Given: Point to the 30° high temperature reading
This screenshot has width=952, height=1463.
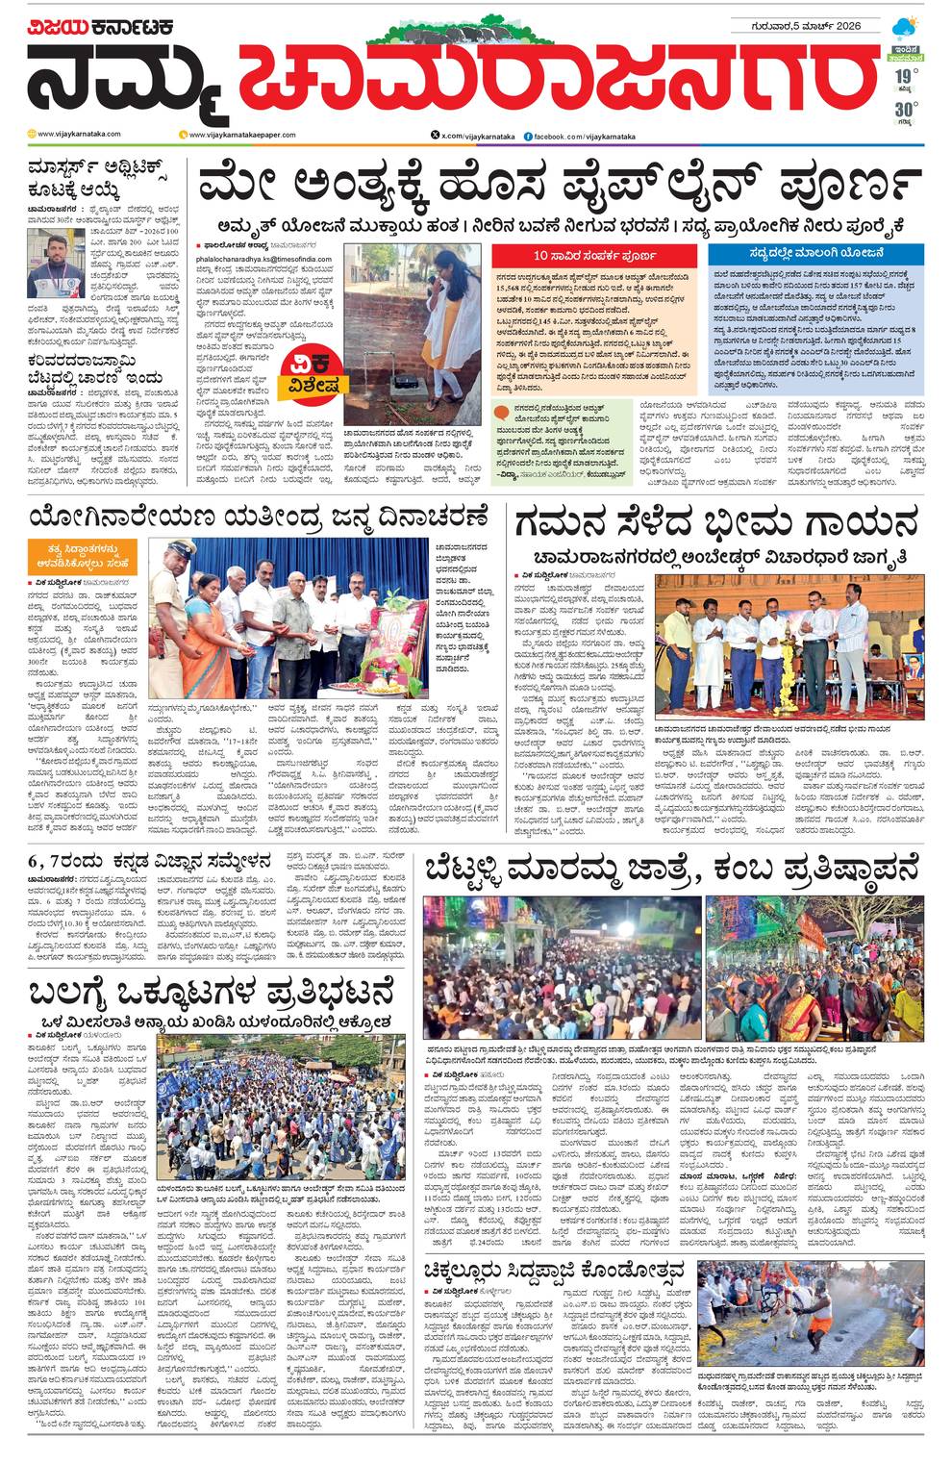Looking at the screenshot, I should (x=903, y=109).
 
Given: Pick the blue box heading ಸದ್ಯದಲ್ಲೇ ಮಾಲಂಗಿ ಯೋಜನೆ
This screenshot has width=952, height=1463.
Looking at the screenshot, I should (x=814, y=256).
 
